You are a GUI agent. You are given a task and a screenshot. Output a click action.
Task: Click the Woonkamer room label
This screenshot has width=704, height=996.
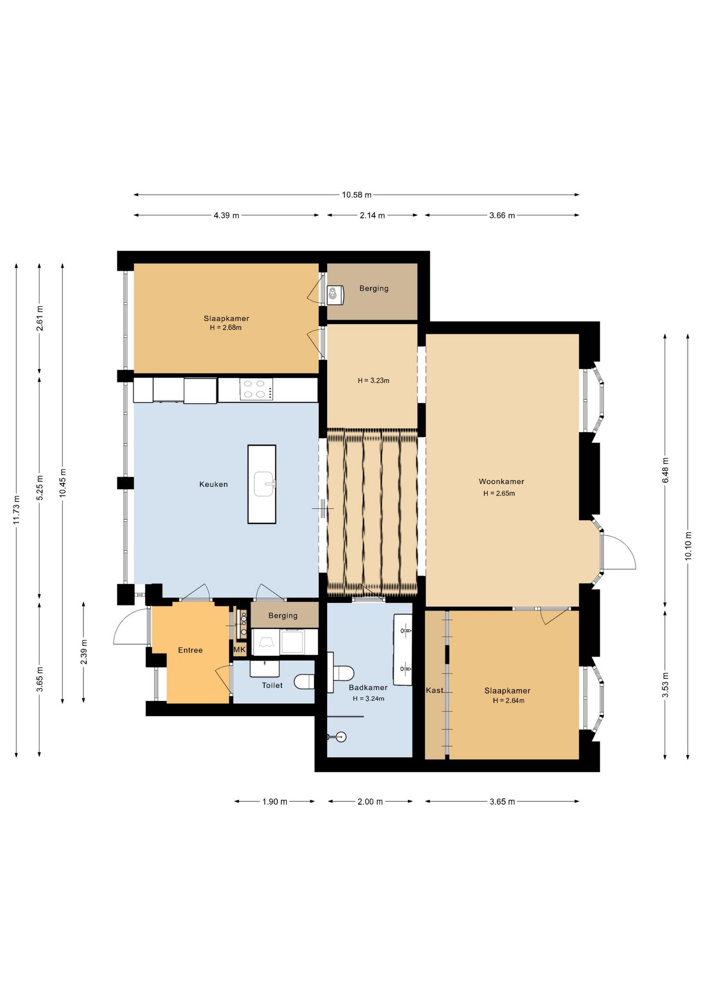coord(501,481)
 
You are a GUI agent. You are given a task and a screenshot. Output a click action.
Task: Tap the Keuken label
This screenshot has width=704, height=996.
coord(214,484)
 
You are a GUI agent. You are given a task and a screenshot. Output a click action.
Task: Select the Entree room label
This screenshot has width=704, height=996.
coord(190,650)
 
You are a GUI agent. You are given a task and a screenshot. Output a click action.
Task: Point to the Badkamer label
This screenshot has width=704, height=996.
coord(368,687)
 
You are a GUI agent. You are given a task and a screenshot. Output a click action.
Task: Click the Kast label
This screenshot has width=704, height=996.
coord(434,690)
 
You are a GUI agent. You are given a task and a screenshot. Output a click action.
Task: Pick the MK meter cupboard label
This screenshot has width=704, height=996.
coord(240,649)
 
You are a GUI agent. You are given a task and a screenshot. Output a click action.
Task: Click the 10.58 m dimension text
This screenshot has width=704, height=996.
coord(357,195)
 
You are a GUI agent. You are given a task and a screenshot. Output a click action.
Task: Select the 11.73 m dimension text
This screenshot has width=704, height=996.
coord(17,510)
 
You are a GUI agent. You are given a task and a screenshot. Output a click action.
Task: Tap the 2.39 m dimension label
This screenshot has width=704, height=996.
coord(83,652)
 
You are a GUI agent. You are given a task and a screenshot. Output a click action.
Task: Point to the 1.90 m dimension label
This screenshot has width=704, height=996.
coord(275,801)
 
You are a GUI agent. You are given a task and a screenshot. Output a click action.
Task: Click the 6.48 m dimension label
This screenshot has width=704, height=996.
coord(665,470)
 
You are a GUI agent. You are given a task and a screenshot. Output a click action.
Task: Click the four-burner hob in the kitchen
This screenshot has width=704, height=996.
coord(256,389)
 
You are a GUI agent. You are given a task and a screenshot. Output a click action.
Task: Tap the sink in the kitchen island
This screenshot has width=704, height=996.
coord(264,484)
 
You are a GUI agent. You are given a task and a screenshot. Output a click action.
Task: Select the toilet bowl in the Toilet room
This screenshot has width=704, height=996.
coord(305,681)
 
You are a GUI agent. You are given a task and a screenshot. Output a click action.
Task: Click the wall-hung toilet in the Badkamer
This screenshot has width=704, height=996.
coord(342,673)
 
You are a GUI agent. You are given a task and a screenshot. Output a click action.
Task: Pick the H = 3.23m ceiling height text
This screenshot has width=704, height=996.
coord(373,380)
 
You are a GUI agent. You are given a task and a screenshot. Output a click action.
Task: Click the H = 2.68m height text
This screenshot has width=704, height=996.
coord(226,327)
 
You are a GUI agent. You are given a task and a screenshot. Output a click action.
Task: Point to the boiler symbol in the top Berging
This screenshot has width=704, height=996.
coord(335,295)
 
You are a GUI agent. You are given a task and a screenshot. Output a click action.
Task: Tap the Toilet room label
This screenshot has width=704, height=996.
coord(272,685)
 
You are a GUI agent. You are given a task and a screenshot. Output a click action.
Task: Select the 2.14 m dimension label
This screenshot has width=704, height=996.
coord(372,215)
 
